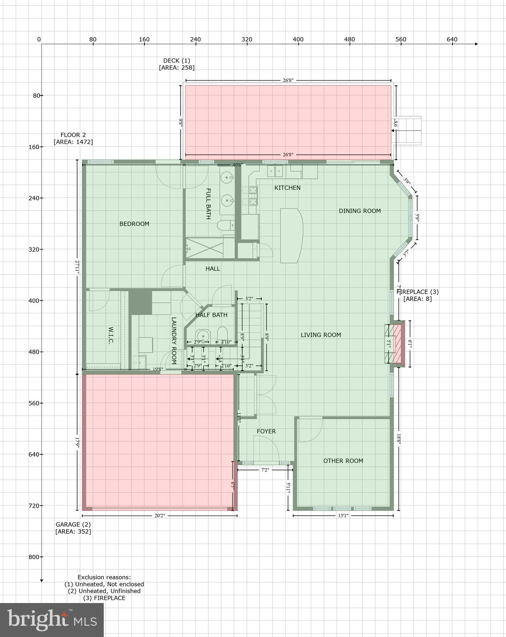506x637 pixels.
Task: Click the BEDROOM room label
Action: pos(134,224)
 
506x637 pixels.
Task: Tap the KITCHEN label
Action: pos(287,188)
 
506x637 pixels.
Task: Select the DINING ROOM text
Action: pos(359,211)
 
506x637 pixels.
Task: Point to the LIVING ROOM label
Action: pos(321,335)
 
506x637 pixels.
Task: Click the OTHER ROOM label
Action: pos(343,461)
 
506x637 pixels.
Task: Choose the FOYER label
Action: pos(266,431)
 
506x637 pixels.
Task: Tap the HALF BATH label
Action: pos(211,315)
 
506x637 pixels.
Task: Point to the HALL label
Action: pos(213,269)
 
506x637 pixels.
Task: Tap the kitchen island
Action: pos(291,236)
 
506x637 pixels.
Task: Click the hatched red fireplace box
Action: pos(399,344)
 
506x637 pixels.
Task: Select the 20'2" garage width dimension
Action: pos(159,516)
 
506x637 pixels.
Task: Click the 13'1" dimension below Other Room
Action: pos(343,516)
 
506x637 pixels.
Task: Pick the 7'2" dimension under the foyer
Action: pos(265,470)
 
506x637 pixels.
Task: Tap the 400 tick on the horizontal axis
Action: pos(298,40)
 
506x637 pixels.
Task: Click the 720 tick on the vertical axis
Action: pos(37,506)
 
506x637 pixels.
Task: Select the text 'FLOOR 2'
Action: pos(73,135)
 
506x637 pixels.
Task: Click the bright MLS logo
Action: pos(52,620)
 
